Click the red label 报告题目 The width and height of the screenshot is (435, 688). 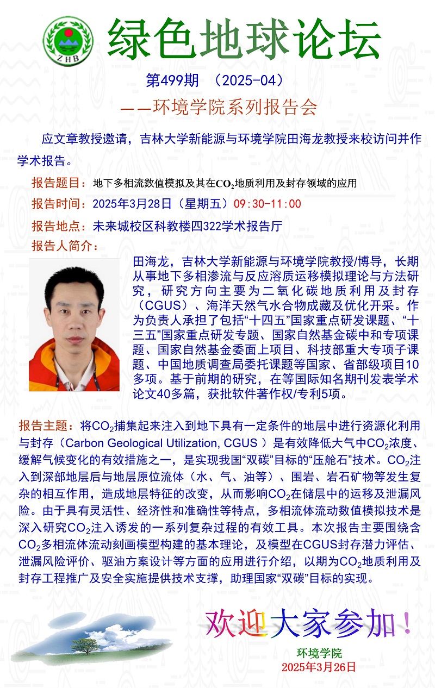pos(58,183)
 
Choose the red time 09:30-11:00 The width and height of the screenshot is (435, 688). pos(267,204)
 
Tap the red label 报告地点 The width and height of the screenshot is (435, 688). pos(58,226)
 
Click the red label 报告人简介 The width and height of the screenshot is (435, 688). pos(61,246)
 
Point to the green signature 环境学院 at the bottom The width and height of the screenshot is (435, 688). pos(319,653)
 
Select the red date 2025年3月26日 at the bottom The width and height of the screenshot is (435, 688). pos(319,666)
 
